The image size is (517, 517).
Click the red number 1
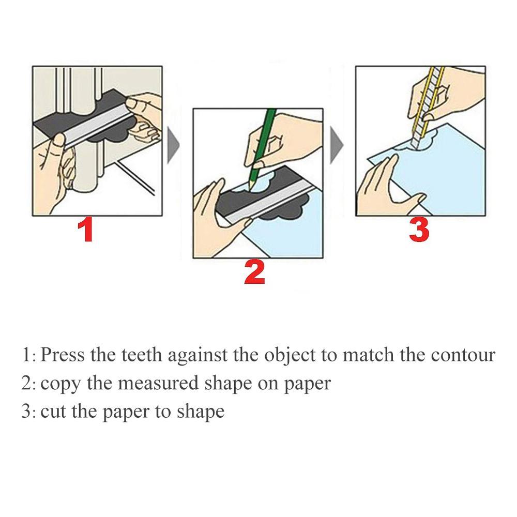tap(85, 231)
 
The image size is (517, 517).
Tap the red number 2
tap(254, 272)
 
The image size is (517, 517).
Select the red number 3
tap(419, 231)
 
